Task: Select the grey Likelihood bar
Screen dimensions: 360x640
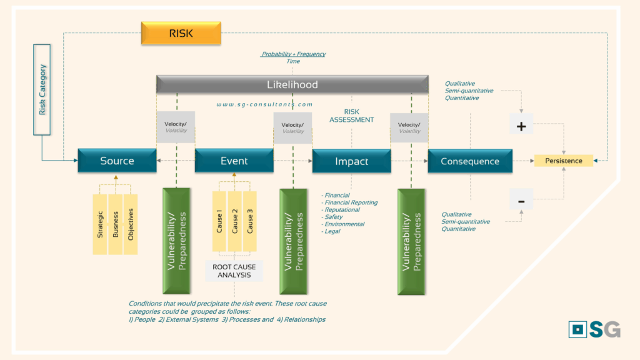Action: click(x=292, y=84)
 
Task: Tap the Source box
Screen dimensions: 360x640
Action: click(x=117, y=161)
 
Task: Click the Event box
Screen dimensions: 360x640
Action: click(x=234, y=161)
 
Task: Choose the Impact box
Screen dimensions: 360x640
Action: click(x=351, y=161)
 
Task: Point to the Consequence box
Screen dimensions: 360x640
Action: click(x=470, y=161)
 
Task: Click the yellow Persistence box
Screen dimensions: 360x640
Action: click(x=563, y=161)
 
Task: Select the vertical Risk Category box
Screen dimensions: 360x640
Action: click(x=42, y=89)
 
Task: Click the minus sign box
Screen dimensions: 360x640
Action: click(x=521, y=201)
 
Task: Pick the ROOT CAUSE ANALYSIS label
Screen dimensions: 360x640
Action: click(x=234, y=271)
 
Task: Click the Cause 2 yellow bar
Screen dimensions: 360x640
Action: click(x=234, y=221)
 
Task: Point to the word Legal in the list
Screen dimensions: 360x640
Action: click(x=332, y=231)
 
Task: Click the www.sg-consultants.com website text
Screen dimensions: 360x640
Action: click(x=264, y=105)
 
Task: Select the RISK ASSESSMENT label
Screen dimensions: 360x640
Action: click(x=351, y=116)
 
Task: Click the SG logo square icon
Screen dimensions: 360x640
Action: click(x=577, y=329)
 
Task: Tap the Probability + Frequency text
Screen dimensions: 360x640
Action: click(x=293, y=54)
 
